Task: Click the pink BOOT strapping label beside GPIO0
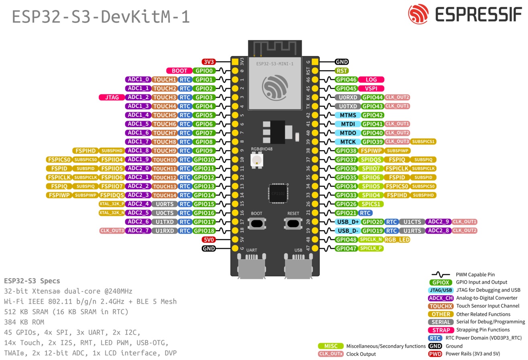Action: point(179,71)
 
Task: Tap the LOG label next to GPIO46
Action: point(371,79)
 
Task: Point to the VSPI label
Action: point(371,88)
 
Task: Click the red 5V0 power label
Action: point(209,240)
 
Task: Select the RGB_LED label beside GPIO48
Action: point(397,240)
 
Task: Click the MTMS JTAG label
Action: point(348,115)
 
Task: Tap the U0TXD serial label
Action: point(348,106)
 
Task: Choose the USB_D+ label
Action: point(348,222)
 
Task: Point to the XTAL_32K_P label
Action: point(112,204)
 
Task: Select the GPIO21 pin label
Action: point(346,213)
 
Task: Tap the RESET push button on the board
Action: point(293,223)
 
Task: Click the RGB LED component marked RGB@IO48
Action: point(256,161)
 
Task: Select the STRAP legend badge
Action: point(441,330)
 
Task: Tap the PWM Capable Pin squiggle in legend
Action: point(441,275)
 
